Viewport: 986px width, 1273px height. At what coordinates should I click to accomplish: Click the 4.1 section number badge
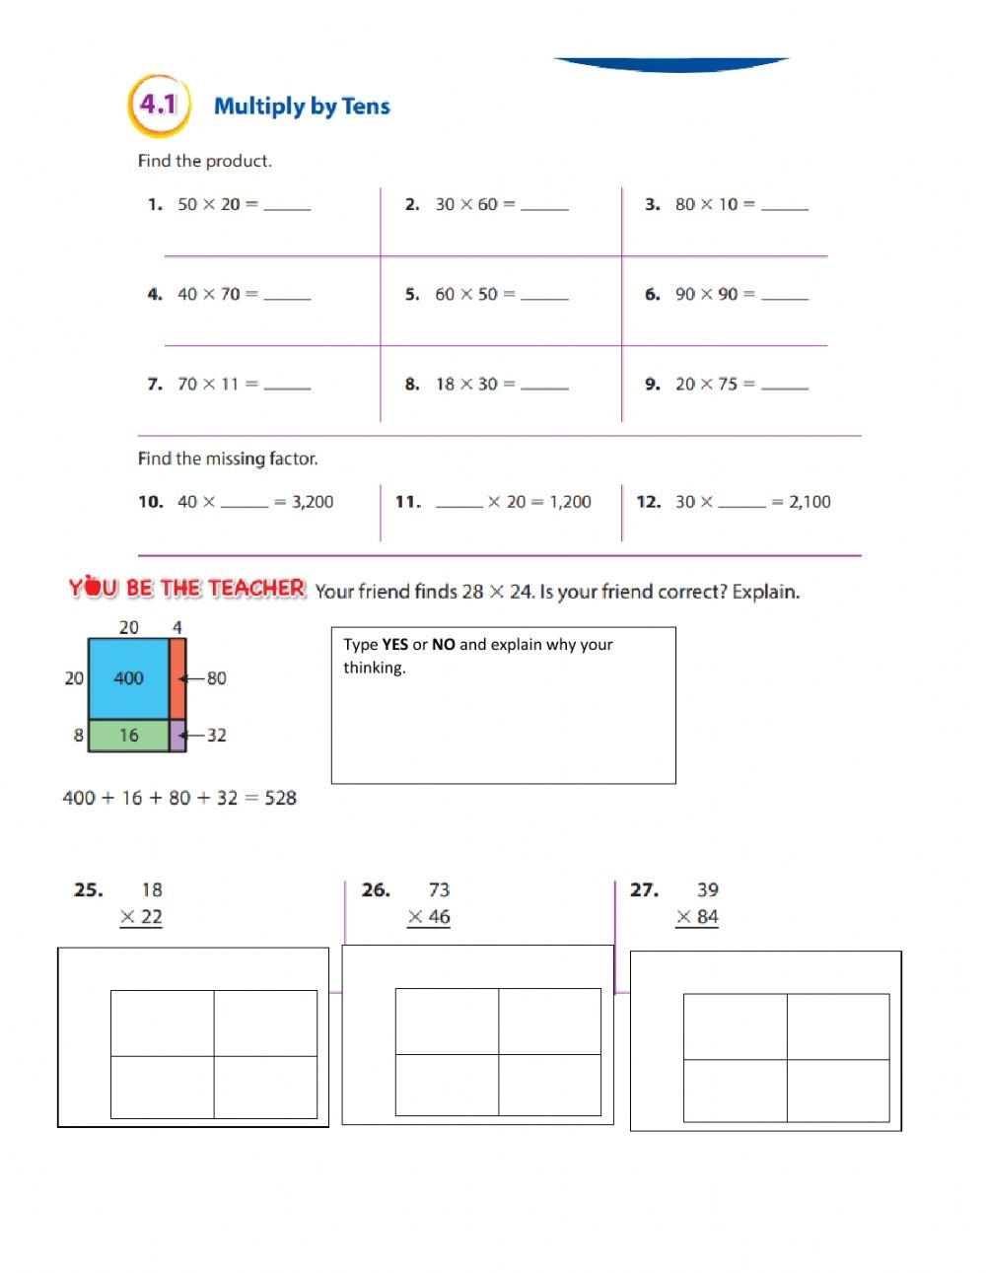[x=158, y=105]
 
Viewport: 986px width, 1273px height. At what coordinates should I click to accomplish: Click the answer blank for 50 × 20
[x=287, y=207]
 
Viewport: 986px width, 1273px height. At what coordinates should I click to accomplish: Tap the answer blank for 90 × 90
[x=785, y=296]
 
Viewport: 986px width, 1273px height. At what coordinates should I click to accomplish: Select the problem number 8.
[x=412, y=385]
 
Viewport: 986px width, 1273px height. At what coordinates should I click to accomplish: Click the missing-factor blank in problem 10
[x=245, y=504]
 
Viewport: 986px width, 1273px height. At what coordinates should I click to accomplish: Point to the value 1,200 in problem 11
[x=571, y=502]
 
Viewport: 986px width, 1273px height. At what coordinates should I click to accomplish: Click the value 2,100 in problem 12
[x=810, y=502]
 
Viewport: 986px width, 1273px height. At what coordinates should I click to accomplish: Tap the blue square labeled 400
[x=128, y=678]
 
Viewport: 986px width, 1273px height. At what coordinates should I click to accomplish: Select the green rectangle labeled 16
[x=128, y=736]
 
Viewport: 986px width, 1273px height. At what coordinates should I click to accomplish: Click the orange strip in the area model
[x=177, y=678]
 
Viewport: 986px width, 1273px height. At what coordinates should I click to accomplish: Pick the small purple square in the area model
[x=177, y=736]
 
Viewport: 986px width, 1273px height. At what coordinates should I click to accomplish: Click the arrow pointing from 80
[x=190, y=678]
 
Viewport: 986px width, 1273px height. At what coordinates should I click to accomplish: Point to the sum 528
[x=280, y=798]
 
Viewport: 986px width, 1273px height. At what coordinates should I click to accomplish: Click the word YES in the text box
[x=394, y=645]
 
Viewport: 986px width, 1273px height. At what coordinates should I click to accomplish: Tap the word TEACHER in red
[x=256, y=589]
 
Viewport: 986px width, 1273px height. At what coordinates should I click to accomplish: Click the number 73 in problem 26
[x=439, y=889]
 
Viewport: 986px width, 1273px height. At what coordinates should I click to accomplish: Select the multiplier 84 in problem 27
[x=707, y=917]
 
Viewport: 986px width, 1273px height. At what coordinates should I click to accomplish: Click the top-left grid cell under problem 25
[x=163, y=1024]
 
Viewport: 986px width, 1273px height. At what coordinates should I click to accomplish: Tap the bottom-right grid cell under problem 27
[x=838, y=1091]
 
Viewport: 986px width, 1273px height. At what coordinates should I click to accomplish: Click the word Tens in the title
[x=366, y=106]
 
